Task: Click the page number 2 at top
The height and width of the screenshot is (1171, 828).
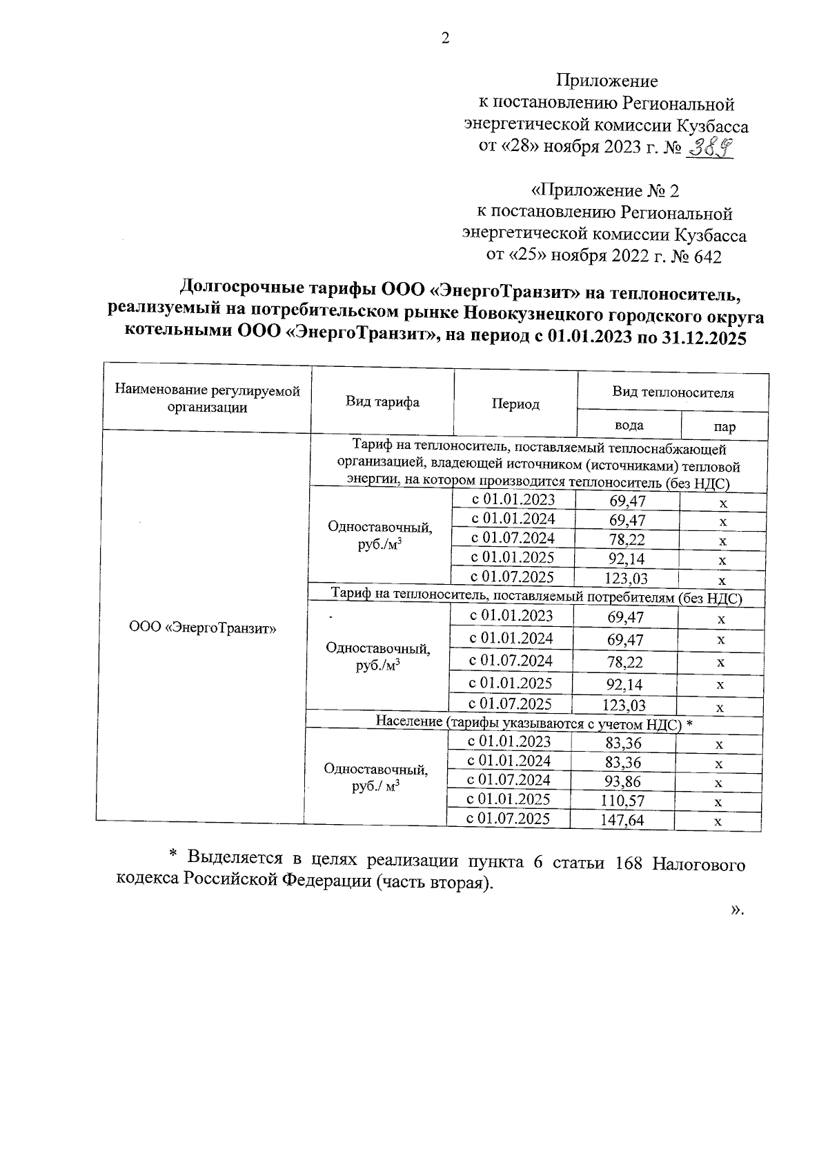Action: coord(445,38)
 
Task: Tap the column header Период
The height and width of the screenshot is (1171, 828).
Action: coord(515,404)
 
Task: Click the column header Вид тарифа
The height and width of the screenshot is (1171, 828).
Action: coord(382,402)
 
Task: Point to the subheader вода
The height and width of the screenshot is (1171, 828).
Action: coord(629,425)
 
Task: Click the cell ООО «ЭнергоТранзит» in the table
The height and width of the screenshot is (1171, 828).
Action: coord(203,628)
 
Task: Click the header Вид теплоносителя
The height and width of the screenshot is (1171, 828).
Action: coord(673,392)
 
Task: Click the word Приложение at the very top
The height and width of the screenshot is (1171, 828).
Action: coord(607,81)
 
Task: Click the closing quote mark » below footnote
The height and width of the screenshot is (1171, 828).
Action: coord(736,910)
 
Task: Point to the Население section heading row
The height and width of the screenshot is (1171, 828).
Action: coord(533,722)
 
